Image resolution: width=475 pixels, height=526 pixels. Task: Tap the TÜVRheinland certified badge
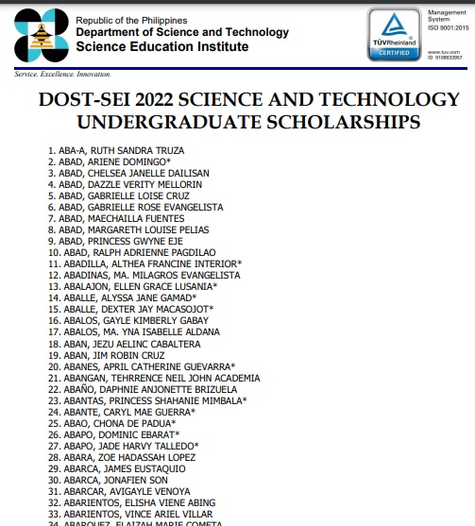[394, 35]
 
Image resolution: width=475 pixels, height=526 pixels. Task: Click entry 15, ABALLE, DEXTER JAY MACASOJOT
[129, 309]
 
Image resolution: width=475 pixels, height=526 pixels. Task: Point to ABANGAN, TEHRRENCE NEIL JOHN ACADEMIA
[153, 377]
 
